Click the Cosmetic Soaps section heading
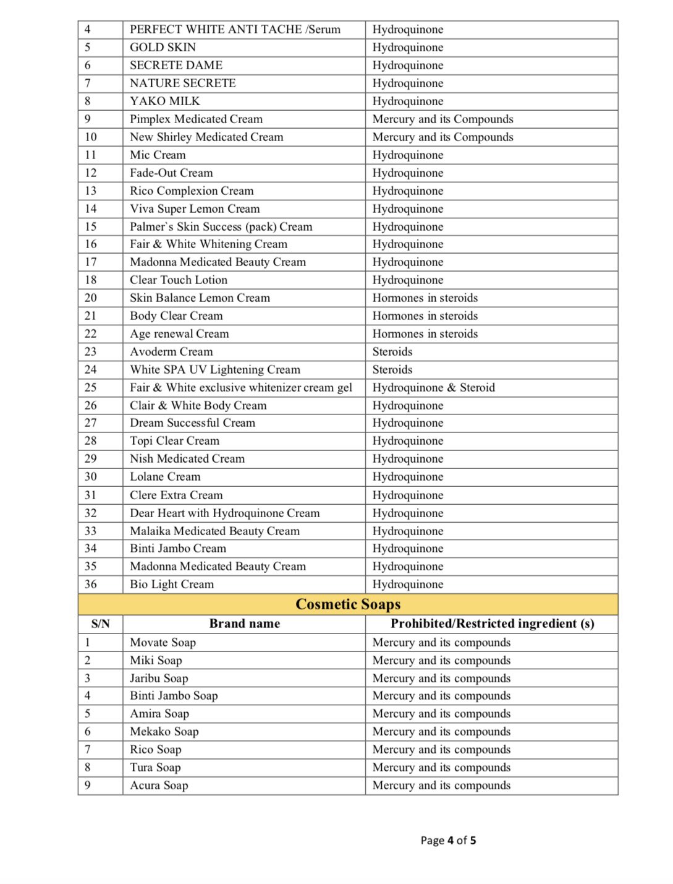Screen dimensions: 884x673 (348, 604)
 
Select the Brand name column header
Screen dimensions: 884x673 (244, 624)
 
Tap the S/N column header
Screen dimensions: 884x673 (100, 624)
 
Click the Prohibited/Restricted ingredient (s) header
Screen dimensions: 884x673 (492, 624)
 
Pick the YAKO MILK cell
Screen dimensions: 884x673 (165, 101)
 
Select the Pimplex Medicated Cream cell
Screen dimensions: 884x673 (196, 119)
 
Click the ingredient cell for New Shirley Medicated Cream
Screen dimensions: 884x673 (442, 137)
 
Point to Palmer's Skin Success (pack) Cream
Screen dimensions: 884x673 (221, 226)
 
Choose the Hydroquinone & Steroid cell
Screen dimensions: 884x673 (433, 387)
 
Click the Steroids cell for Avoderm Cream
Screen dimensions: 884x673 (392, 351)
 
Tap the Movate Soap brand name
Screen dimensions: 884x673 (163, 642)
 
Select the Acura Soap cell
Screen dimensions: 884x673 (159, 785)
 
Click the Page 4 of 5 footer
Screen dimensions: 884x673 (448, 840)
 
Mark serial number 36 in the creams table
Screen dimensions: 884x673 (91, 584)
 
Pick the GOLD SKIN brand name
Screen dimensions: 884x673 (163, 47)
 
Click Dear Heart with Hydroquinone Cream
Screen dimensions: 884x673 (224, 513)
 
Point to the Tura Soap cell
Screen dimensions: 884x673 (155, 767)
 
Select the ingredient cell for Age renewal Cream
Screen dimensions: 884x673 (425, 333)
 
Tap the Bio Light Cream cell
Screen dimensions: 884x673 (172, 584)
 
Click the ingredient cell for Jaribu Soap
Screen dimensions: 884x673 (441, 678)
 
